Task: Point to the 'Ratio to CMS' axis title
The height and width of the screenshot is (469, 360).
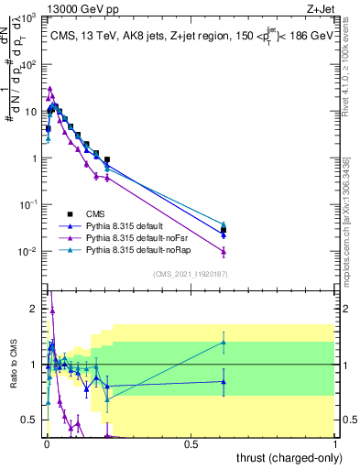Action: [14, 365]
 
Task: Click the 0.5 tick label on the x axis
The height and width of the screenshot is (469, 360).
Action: [191, 444]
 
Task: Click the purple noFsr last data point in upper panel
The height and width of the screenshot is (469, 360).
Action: [224, 252]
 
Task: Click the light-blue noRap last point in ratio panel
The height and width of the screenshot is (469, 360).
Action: [224, 343]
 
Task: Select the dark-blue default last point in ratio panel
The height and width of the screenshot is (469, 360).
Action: [224, 382]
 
